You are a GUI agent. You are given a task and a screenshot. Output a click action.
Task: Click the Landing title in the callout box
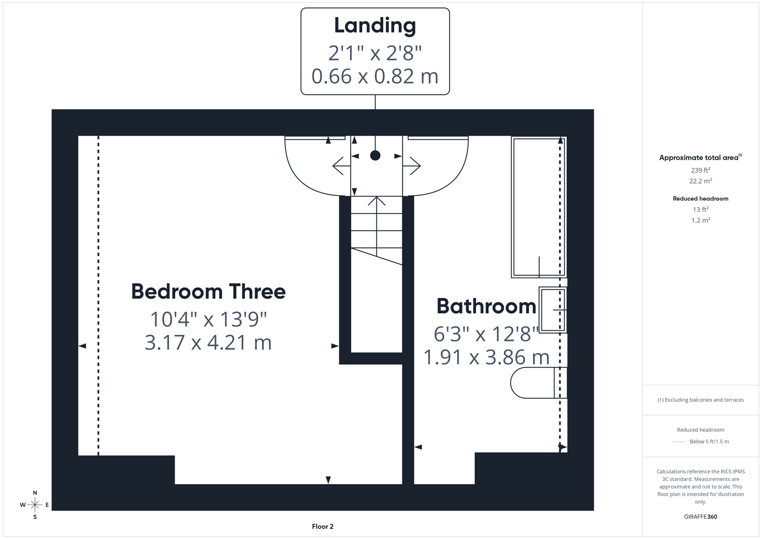pyautogui.click(x=375, y=26)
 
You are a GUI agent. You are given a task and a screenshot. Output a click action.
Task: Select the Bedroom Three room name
pyautogui.click(x=208, y=291)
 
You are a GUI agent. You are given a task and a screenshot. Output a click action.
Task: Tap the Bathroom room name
pyautogui.click(x=486, y=306)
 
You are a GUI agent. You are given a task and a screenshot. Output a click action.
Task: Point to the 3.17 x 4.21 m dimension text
pyautogui.click(x=208, y=343)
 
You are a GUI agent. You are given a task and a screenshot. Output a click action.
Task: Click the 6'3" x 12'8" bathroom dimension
pyautogui.click(x=486, y=334)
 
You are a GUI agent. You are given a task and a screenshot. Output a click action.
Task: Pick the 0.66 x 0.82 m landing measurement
pyautogui.click(x=375, y=76)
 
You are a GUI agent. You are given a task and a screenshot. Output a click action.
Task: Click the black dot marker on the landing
pyautogui.click(x=375, y=156)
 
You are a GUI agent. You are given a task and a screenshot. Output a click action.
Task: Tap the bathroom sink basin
pyautogui.click(x=552, y=310)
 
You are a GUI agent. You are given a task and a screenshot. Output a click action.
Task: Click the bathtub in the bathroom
pyautogui.click(x=538, y=207)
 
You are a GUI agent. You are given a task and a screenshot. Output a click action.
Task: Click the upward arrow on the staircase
pyautogui.click(x=377, y=202)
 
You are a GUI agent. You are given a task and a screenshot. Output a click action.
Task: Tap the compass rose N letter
pyautogui.click(x=35, y=493)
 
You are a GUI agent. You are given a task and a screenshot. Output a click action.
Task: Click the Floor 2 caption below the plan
pyautogui.click(x=322, y=527)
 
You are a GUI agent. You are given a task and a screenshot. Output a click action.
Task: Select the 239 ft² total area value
pyautogui.click(x=700, y=170)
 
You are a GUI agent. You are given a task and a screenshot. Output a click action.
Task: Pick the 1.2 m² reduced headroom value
pyautogui.click(x=700, y=220)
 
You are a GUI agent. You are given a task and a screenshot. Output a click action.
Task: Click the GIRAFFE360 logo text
pyautogui.click(x=700, y=517)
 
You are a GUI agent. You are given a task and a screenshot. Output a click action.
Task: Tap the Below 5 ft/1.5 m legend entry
pyautogui.click(x=709, y=441)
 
